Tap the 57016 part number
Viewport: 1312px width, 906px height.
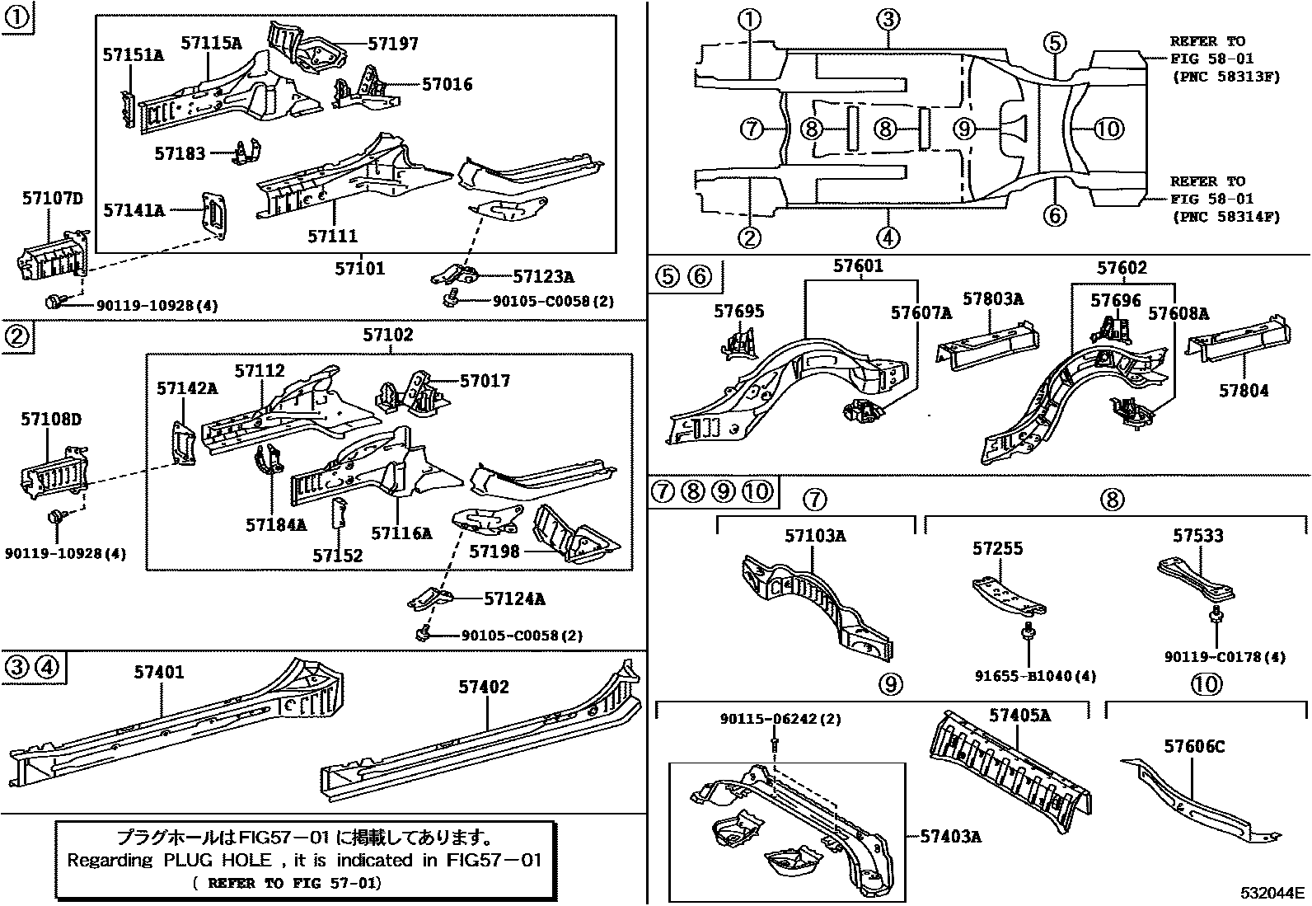(447, 83)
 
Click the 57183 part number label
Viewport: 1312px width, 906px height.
(180, 153)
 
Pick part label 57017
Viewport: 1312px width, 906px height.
(485, 381)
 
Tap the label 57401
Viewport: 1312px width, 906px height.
(159, 673)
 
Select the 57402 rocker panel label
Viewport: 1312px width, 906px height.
(484, 687)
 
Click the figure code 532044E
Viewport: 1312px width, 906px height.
(1273, 893)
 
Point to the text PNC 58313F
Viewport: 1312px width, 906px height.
(1225, 77)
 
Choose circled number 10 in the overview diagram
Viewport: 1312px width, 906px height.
(1109, 129)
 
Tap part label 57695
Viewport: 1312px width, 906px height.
(738, 311)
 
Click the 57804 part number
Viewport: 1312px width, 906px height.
(1244, 391)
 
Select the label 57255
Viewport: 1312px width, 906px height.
(997, 548)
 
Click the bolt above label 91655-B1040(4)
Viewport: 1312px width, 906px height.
(1026, 633)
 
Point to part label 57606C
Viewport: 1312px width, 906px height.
(1194, 747)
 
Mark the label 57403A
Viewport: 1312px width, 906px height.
(950, 837)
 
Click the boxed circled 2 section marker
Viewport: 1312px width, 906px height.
(17, 336)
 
